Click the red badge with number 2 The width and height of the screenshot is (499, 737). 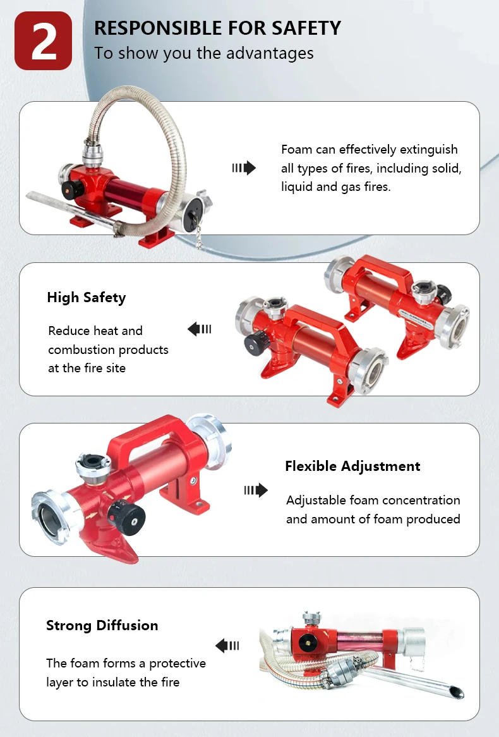(x=43, y=41)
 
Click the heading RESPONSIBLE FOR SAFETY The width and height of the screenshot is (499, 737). (x=217, y=28)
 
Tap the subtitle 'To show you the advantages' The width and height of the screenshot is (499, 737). (x=203, y=53)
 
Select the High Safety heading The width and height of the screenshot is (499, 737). (x=86, y=298)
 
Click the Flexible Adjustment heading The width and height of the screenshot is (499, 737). (x=352, y=466)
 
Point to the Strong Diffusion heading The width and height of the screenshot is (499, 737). (x=102, y=626)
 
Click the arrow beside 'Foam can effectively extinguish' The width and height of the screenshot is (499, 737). (x=244, y=167)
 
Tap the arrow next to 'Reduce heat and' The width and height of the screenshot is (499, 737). (x=200, y=329)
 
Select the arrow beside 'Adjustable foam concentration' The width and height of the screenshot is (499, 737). (x=256, y=490)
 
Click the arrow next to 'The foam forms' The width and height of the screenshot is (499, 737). (x=227, y=645)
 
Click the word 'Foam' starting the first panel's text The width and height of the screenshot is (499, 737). (x=296, y=150)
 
